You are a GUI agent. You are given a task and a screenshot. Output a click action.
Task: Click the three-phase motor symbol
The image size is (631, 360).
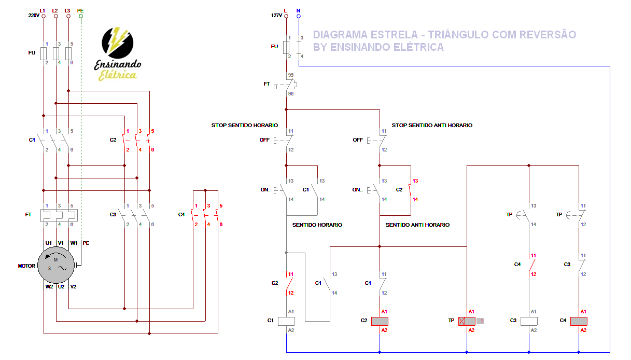56,265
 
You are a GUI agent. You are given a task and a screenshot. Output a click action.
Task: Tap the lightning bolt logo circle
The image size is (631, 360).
118,43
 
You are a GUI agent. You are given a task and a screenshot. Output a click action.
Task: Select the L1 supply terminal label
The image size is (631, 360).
42,11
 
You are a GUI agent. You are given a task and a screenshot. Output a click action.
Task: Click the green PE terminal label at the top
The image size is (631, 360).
80,11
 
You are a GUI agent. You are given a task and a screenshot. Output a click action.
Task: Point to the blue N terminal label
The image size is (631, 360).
298,11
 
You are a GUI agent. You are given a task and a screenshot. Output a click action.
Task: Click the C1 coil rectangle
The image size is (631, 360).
287,321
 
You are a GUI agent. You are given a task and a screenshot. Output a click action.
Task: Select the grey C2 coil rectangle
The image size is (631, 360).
380,321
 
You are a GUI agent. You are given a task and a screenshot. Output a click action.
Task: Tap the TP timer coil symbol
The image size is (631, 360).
467,321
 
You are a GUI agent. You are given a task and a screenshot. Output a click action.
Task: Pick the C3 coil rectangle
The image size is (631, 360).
529,321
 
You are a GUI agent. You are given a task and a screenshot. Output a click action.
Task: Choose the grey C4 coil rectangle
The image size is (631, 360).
579,321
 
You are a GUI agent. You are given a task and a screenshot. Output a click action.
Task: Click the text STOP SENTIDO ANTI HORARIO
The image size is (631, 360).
432,125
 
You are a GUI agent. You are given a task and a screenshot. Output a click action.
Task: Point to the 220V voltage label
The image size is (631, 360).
34,15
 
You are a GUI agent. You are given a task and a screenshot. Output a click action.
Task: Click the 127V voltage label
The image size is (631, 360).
276,15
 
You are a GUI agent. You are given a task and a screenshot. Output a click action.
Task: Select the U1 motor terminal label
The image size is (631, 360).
48,243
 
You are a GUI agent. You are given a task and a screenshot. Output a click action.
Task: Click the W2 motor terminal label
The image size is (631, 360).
49,287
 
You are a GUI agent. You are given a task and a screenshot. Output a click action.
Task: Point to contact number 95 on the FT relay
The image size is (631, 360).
291,75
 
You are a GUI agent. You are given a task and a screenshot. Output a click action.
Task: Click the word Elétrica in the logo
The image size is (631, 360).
118,75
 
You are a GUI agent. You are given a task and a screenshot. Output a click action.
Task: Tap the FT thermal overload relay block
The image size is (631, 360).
59,216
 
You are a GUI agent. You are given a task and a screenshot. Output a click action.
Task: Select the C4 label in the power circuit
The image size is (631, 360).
181,215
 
